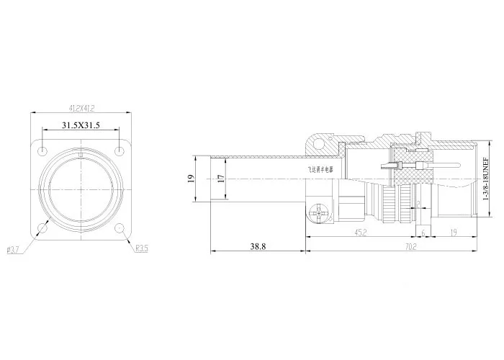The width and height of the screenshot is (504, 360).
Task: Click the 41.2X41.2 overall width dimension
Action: pos(82,108)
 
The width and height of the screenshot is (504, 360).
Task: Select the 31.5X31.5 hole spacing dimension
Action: pos(81,125)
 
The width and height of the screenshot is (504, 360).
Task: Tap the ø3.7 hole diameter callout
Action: pos(12,249)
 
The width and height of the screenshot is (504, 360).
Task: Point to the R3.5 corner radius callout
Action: pos(142,249)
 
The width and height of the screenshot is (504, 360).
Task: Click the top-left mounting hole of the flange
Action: pos(45,152)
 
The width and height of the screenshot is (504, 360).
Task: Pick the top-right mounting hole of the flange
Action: pos(117,152)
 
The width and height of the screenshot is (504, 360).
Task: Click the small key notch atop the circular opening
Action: pos(81,153)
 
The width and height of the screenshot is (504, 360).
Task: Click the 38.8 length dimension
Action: pos(258,246)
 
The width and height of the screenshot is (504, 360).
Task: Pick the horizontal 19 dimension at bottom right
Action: pos(454,232)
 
